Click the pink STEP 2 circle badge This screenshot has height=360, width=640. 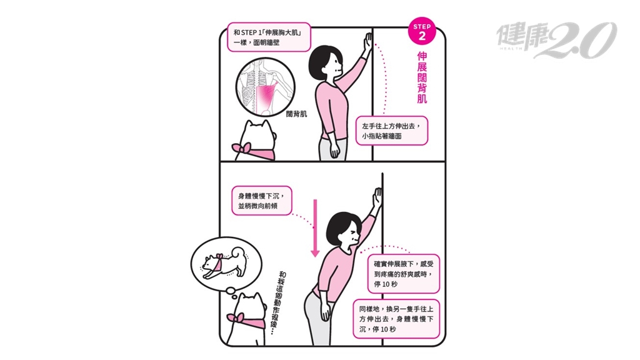[x=422, y=31]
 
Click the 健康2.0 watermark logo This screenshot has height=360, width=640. [x=556, y=39]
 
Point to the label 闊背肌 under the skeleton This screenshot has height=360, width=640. [x=296, y=114]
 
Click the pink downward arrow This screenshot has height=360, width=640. [x=315, y=228]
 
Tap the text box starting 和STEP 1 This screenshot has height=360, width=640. [x=269, y=37]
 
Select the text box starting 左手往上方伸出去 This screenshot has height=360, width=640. [x=391, y=131]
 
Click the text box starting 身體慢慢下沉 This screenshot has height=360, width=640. [x=262, y=201]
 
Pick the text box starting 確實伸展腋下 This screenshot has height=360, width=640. [x=404, y=274]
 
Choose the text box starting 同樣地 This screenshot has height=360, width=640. [x=396, y=319]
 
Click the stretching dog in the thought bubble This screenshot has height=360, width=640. [x=223, y=263]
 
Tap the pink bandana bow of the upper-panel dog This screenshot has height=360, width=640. [x=242, y=149]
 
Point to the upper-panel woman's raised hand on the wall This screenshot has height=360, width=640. [x=368, y=42]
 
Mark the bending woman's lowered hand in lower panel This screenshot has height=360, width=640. [x=325, y=312]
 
